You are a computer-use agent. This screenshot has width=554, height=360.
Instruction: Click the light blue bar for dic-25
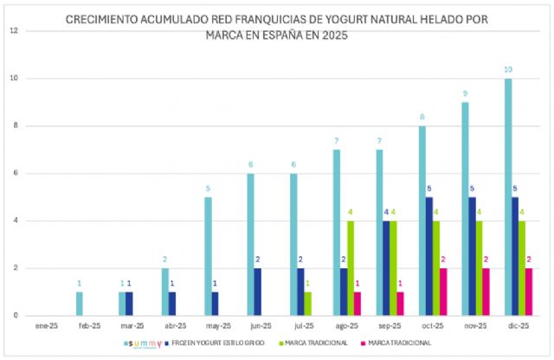tap(508, 197)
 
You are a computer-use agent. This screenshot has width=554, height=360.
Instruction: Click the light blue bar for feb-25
tap(80, 304)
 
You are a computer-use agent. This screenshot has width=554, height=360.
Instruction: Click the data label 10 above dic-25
tap(508, 69)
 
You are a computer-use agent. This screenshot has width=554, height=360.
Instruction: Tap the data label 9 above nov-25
tap(465, 93)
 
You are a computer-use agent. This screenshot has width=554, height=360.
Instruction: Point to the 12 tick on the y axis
tap(13, 31)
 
